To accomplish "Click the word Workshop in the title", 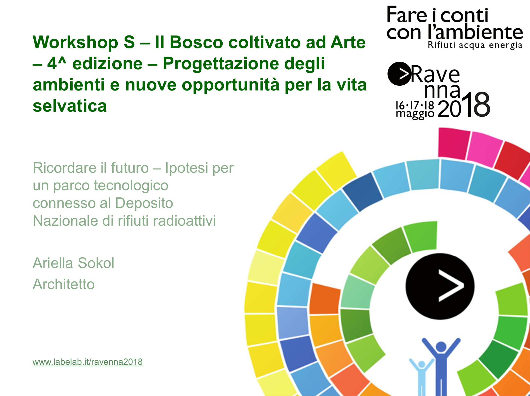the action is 75,42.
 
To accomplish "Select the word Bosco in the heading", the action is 196,42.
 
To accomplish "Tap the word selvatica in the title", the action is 70,106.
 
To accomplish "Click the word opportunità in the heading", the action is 231,85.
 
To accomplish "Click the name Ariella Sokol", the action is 73,263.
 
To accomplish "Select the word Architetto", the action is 64,284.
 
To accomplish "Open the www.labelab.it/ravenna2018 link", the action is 87,362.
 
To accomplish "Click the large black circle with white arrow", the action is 440,286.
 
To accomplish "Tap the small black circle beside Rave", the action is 399,74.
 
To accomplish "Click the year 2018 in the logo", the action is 464,105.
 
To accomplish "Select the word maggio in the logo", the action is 415,114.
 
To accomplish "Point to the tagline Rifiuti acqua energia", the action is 475,45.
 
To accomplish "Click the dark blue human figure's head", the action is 441,347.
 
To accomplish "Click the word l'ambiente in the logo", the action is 475,32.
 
